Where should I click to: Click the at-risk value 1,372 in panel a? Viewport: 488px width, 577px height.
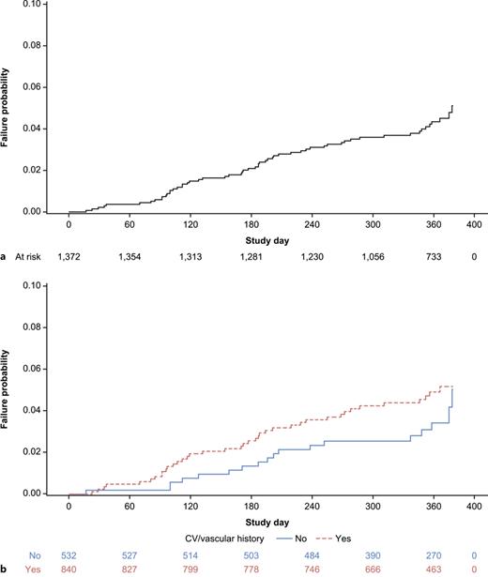click(x=69, y=256)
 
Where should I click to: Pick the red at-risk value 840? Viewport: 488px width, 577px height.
click(x=69, y=569)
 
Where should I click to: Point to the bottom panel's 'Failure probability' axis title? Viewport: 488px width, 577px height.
click(x=8, y=395)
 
